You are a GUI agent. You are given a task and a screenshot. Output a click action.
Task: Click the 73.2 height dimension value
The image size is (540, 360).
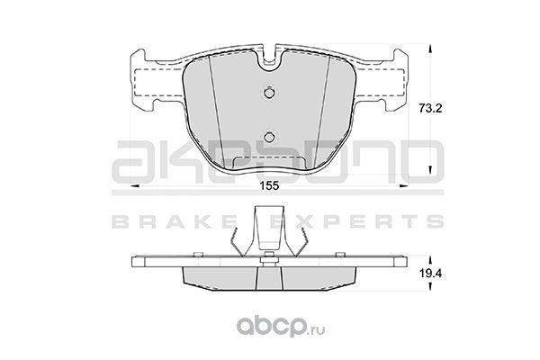430,109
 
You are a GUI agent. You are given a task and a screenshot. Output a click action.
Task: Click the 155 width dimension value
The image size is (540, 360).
268,186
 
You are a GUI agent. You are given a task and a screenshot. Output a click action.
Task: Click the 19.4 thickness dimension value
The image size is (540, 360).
430,274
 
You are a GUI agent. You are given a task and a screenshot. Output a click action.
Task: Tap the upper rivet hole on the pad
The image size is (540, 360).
269,93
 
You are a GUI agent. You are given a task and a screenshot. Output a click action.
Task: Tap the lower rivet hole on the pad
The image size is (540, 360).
269,137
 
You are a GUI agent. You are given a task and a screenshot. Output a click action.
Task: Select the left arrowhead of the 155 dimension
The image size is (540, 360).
134,186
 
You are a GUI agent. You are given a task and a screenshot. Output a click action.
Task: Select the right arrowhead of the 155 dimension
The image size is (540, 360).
403,186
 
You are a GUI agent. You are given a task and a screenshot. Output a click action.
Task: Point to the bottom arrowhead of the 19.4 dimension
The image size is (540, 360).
429,285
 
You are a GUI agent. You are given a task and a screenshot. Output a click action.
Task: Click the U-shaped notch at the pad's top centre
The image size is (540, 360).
269,62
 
